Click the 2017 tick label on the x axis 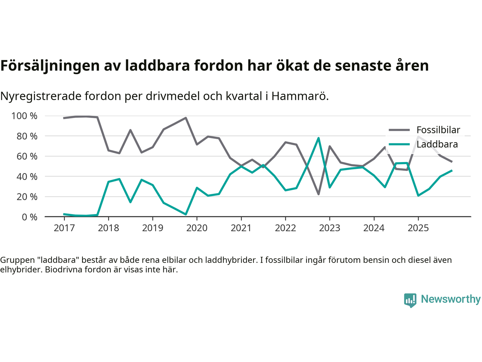coord(64,228)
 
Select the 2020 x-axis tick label coord(197,228)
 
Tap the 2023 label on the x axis coord(329,228)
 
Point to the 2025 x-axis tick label coord(418,228)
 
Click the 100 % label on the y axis coord(24,116)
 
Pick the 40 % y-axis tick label coord(27,176)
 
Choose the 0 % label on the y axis coord(29,217)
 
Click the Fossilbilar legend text coord(438,130)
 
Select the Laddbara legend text coord(437,144)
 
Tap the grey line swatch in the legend coord(399,130)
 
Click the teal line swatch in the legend coord(399,144)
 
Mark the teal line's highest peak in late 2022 coord(319,138)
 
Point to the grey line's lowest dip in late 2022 coord(319,194)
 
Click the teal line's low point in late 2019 coord(186,214)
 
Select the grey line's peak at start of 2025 coord(418,137)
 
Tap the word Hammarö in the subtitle coord(300,96)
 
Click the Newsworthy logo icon coord(410,300)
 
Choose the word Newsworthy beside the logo coord(450,299)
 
